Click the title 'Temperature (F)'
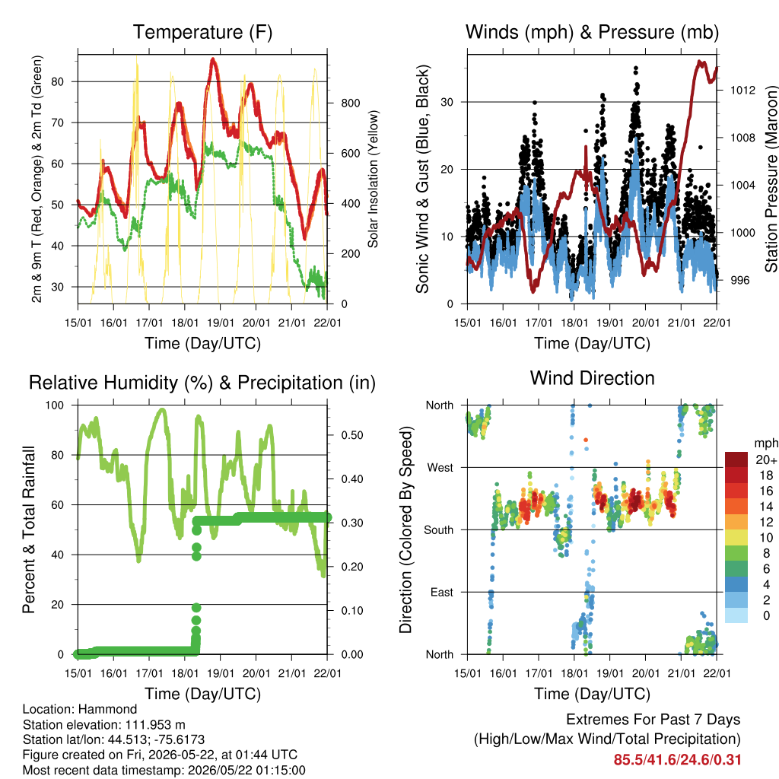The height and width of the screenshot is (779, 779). (x=202, y=32)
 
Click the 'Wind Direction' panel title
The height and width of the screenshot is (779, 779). (x=592, y=378)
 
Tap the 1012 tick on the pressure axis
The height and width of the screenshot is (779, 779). (x=742, y=90)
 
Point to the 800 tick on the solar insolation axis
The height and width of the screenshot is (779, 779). (x=351, y=103)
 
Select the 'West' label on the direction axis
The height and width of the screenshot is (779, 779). (x=440, y=468)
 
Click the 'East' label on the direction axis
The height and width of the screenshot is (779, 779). (x=442, y=592)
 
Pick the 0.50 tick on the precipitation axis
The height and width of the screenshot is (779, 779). (x=352, y=435)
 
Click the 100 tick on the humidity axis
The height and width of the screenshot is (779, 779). (x=55, y=405)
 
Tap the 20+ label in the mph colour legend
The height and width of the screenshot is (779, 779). (x=766, y=459)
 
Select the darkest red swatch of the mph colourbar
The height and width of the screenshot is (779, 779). (x=736, y=459)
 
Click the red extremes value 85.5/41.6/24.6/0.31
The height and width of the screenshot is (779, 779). (x=677, y=760)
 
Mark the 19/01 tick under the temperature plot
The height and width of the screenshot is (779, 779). (x=221, y=323)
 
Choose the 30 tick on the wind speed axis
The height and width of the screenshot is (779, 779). (x=447, y=103)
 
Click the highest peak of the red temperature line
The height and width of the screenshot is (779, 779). (x=213, y=59)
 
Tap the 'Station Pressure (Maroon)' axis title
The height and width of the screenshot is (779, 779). (x=771, y=179)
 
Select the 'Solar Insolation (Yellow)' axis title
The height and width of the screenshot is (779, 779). (x=373, y=179)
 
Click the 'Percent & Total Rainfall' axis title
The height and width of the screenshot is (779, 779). (x=29, y=529)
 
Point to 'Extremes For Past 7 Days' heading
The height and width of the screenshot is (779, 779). (x=653, y=720)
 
